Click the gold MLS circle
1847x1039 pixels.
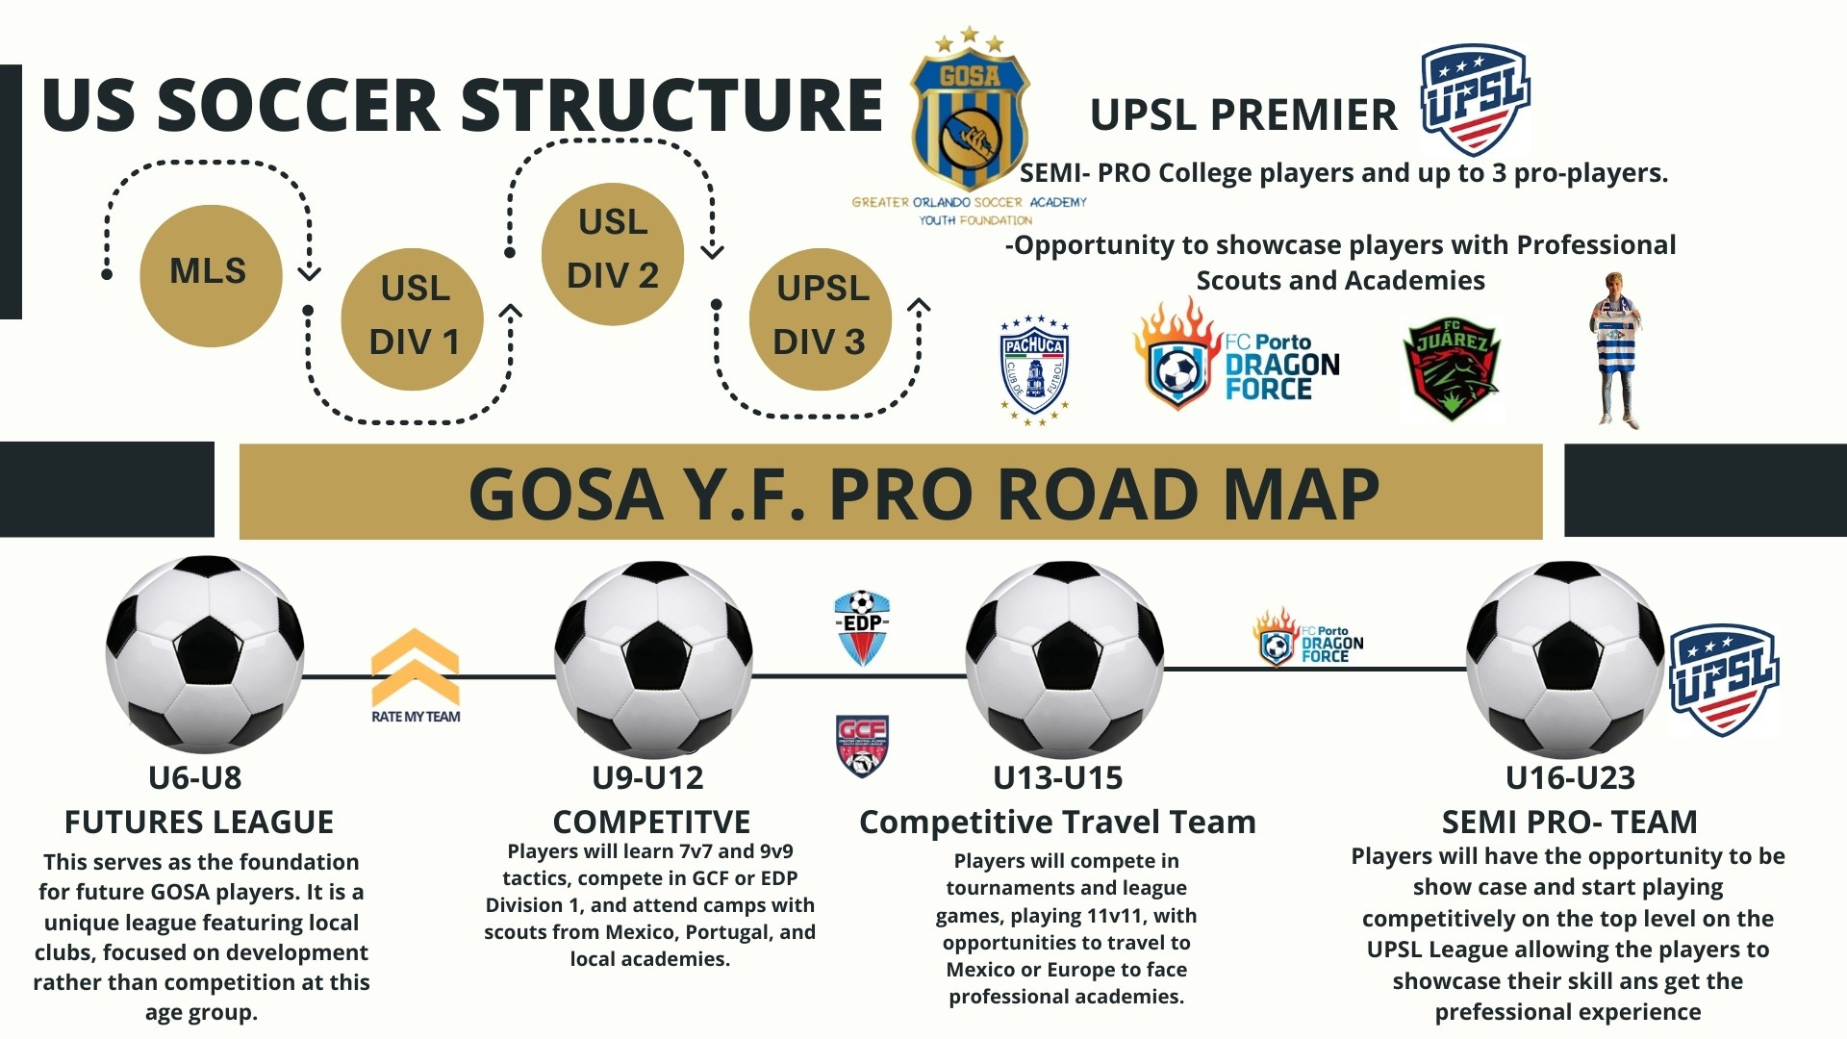tap(211, 275)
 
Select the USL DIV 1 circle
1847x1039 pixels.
tap(413, 319)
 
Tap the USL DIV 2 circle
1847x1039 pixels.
tap(613, 254)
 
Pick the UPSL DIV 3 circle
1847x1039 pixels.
tap(821, 319)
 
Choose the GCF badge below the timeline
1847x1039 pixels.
tap(862, 746)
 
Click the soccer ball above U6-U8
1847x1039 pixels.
tap(205, 654)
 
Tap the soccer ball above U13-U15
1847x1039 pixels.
tap(1064, 660)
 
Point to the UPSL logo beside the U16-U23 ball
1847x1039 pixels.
tap(1724, 680)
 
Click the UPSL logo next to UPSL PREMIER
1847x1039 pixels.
tap(1475, 100)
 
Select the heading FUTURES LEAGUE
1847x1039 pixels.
tap(199, 823)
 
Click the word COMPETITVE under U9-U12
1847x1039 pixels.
tap(651, 823)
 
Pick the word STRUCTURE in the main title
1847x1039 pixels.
tap(672, 105)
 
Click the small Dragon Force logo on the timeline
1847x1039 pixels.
tap(1308, 638)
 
